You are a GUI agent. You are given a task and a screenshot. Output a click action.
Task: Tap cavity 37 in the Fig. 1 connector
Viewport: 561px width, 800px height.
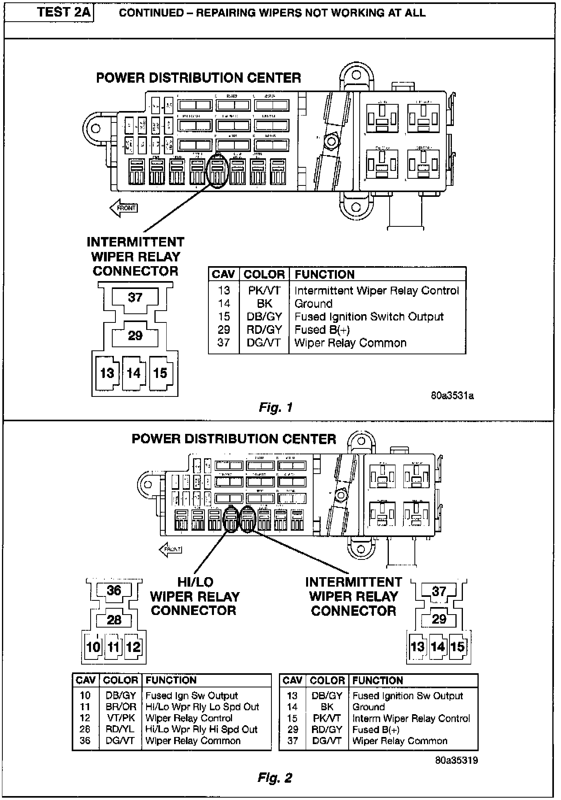click(x=135, y=297)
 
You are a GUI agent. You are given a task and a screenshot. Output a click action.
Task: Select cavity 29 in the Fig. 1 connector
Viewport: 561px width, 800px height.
click(x=135, y=335)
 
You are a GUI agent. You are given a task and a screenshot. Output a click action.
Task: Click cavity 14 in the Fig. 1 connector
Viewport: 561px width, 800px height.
click(x=134, y=373)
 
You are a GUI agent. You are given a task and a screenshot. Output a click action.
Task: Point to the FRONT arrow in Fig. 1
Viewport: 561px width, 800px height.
click(x=124, y=208)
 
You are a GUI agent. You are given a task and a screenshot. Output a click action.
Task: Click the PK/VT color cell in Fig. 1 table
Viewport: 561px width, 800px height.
click(x=264, y=291)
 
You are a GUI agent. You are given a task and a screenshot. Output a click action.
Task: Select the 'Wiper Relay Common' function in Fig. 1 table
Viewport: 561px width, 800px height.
click(x=350, y=343)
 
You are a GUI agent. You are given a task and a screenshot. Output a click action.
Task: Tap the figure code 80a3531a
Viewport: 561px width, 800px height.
click(x=452, y=395)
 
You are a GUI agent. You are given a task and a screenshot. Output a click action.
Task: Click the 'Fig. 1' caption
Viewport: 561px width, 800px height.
click(x=276, y=407)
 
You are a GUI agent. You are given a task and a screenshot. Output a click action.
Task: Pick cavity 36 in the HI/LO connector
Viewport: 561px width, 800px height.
click(x=114, y=591)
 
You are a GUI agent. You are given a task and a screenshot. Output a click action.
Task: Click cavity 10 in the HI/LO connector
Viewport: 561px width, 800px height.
click(x=93, y=647)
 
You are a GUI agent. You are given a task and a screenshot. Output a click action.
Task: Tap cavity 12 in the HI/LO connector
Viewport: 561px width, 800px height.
click(x=133, y=647)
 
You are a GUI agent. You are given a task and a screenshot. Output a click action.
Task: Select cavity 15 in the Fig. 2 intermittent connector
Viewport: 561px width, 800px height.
click(x=458, y=646)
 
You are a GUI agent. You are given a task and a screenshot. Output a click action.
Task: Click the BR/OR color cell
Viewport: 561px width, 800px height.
click(x=121, y=707)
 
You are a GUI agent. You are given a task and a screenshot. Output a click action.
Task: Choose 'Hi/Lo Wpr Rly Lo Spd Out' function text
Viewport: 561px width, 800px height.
click(x=202, y=707)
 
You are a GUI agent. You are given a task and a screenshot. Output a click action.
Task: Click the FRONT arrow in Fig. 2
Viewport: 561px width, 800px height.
click(x=171, y=549)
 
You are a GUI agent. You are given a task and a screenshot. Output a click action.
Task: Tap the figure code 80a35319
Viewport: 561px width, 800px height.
click(x=457, y=760)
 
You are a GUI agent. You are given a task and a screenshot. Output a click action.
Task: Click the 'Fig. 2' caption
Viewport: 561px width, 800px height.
click(x=275, y=778)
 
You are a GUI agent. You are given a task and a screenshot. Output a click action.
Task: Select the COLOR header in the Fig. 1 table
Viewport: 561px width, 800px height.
click(x=264, y=274)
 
